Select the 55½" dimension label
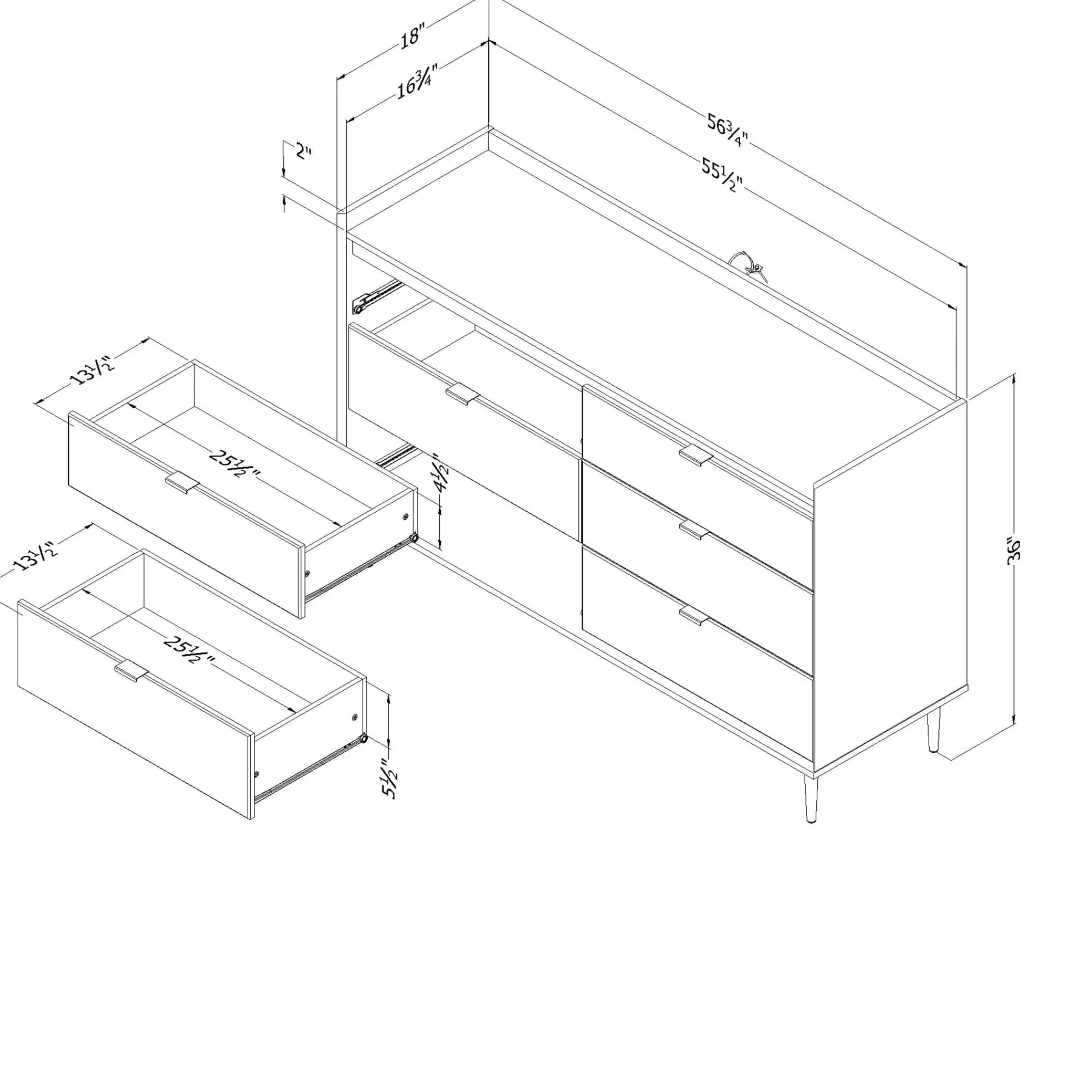pos(722,174)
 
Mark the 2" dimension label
pos(303,151)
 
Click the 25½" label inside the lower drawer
pos(187,650)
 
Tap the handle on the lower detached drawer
pos(132,671)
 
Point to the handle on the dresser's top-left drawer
pos(463,394)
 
